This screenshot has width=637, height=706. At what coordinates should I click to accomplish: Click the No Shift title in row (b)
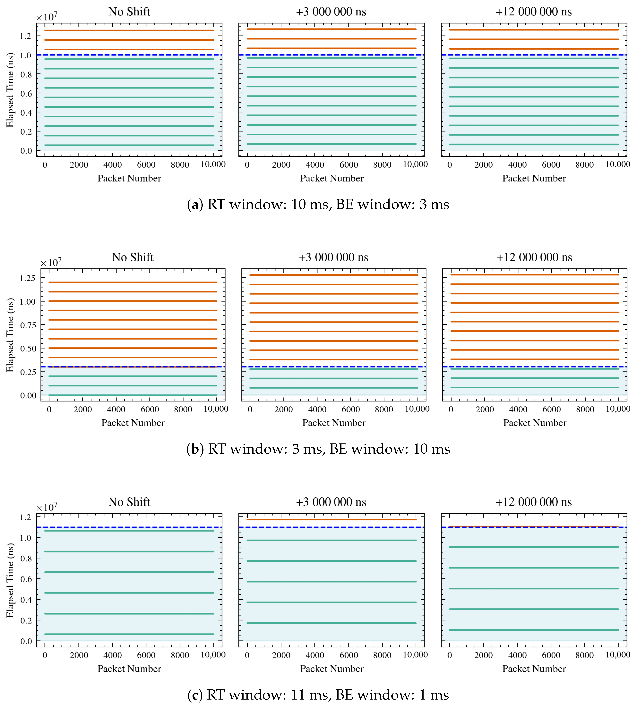[x=133, y=257]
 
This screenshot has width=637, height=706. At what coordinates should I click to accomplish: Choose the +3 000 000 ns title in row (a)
[x=331, y=12]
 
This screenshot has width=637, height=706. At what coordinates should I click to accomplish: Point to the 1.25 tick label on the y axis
[x=28, y=278]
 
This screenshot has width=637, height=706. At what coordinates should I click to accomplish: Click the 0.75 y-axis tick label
[x=28, y=325]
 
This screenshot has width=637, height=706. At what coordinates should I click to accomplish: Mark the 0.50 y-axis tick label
[x=28, y=349]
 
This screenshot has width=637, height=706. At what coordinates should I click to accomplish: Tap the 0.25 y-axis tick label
[x=28, y=372]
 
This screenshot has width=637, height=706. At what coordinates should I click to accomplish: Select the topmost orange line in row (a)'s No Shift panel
[x=129, y=30]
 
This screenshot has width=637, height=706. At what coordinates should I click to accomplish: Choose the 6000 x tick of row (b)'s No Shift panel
[x=150, y=409]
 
